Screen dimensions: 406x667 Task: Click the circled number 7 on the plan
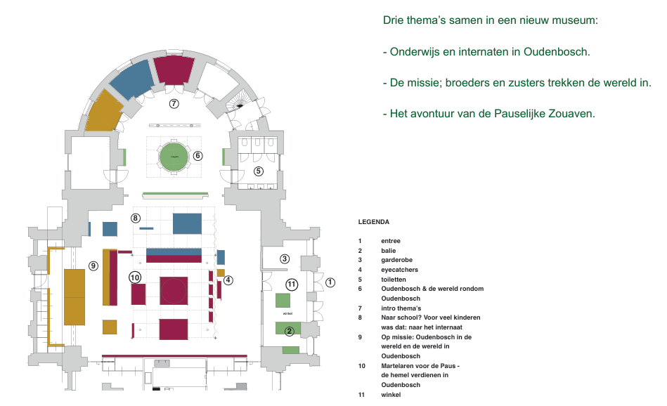tap(174, 104)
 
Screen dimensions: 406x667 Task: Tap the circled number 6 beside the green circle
tap(198, 156)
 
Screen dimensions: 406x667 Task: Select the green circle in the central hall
tap(174, 156)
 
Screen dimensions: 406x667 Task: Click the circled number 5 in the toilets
tap(258, 171)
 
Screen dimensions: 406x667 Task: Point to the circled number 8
tap(135, 218)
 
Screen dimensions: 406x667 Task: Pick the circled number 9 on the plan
tap(93, 266)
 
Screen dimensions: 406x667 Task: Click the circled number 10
tap(135, 277)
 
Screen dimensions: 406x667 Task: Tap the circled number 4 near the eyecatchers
tap(228, 280)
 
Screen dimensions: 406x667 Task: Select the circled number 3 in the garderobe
tap(284, 258)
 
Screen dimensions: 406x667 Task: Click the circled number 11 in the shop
tap(292, 284)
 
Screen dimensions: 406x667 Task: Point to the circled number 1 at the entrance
tap(330, 283)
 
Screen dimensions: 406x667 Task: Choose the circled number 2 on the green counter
tap(289, 332)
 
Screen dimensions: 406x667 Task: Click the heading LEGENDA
tap(374, 222)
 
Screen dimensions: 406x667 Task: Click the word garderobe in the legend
tap(398, 260)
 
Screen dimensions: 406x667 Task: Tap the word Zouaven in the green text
tap(571, 112)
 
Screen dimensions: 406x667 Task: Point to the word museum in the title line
tap(574, 20)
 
